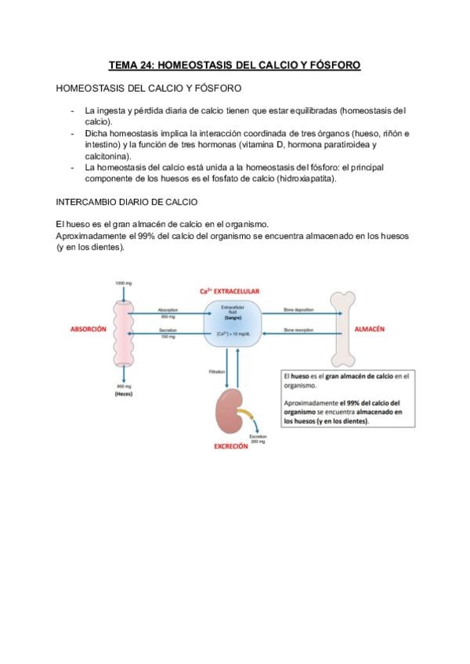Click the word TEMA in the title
pos(121,66)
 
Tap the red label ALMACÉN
pos(370,330)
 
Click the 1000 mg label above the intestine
pos(124,282)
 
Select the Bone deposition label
pos(299,310)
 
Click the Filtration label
pos(217,371)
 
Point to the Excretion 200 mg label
pos(258,438)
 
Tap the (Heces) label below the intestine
pos(124,394)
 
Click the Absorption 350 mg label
pos(168,313)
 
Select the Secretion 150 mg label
pos(168,333)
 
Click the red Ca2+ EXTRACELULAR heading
pos(234,291)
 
